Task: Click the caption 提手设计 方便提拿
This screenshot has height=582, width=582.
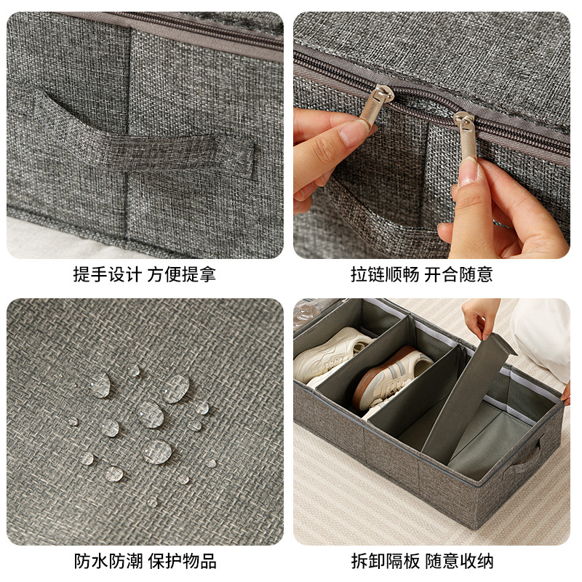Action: point(144,275)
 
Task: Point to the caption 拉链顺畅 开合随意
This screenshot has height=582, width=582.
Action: point(422,275)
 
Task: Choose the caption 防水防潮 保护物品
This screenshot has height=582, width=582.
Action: point(145,561)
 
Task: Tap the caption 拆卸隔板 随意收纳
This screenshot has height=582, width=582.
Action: point(422,561)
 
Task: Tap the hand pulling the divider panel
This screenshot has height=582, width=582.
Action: point(480,319)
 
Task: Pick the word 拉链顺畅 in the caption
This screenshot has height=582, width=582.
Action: point(385,275)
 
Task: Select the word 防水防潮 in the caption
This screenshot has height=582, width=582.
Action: point(108,561)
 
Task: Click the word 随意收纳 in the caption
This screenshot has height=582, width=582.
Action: point(459,561)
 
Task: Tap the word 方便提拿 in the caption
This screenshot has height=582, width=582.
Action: point(181,275)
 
